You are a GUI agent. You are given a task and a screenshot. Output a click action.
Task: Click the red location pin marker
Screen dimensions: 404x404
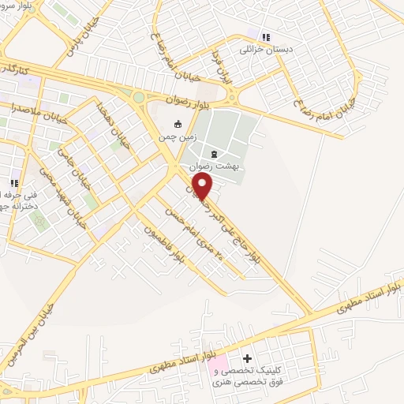203,186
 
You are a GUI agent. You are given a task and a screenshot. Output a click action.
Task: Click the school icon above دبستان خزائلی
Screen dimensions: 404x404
266,36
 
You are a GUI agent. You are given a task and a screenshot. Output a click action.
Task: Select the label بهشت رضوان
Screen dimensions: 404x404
215,167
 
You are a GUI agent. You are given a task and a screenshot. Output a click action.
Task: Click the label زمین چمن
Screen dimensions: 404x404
178,137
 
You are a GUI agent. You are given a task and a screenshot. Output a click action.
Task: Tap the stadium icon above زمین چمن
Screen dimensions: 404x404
178,124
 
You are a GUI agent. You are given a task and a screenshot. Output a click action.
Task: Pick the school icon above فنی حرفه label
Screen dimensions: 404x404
14,182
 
